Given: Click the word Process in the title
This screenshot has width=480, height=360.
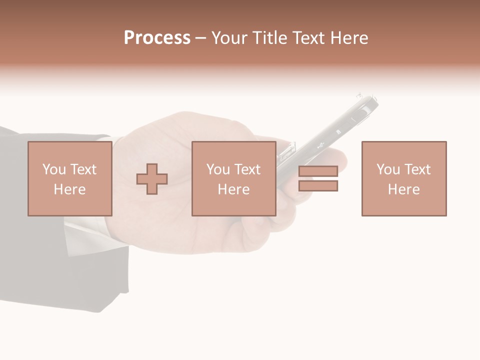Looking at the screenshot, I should [x=157, y=37].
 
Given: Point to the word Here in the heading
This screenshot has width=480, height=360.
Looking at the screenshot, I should [x=349, y=37].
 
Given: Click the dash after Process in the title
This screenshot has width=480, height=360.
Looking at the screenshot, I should [x=201, y=38].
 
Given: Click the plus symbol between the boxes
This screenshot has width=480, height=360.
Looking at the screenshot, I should [x=152, y=178].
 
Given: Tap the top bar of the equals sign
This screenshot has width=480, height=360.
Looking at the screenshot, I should [x=318, y=171].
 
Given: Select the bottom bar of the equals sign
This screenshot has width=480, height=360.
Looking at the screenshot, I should [x=318, y=185].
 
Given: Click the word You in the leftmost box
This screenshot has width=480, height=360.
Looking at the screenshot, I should [x=54, y=169].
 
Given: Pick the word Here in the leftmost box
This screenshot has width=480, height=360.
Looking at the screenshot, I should [x=69, y=189].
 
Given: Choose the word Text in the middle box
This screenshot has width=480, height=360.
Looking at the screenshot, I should [x=247, y=169].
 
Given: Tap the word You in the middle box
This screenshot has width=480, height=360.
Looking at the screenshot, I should [x=218, y=169].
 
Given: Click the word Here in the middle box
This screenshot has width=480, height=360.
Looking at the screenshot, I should [x=233, y=189].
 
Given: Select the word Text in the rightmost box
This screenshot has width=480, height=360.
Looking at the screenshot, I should [x=417, y=169].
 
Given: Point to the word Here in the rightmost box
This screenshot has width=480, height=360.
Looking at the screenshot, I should [x=403, y=189].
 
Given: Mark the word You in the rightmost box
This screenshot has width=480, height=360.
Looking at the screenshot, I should [x=388, y=169].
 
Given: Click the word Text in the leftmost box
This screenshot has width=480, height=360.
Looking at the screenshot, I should [x=83, y=169].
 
